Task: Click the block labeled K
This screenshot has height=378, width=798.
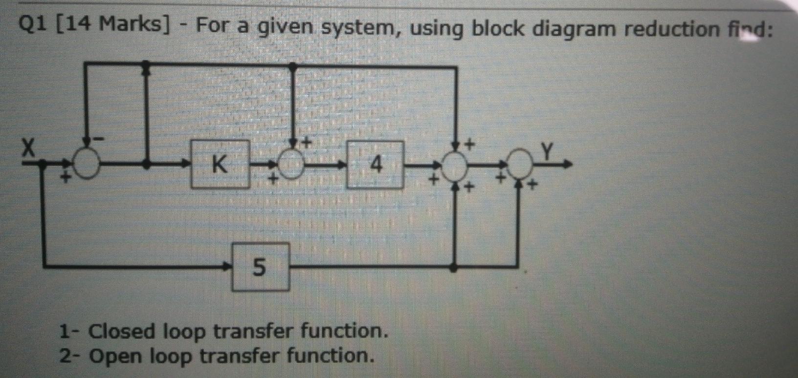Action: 220,165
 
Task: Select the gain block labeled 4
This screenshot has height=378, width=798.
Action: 376,165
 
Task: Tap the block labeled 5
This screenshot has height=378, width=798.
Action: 260,267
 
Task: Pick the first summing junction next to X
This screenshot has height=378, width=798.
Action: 87,165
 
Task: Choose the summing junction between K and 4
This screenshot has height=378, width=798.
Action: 292,165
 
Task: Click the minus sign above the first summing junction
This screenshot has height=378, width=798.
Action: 99,139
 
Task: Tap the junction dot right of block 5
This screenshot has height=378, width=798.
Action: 454,267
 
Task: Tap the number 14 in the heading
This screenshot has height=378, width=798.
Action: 77,24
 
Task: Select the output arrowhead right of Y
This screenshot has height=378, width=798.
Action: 567,165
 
